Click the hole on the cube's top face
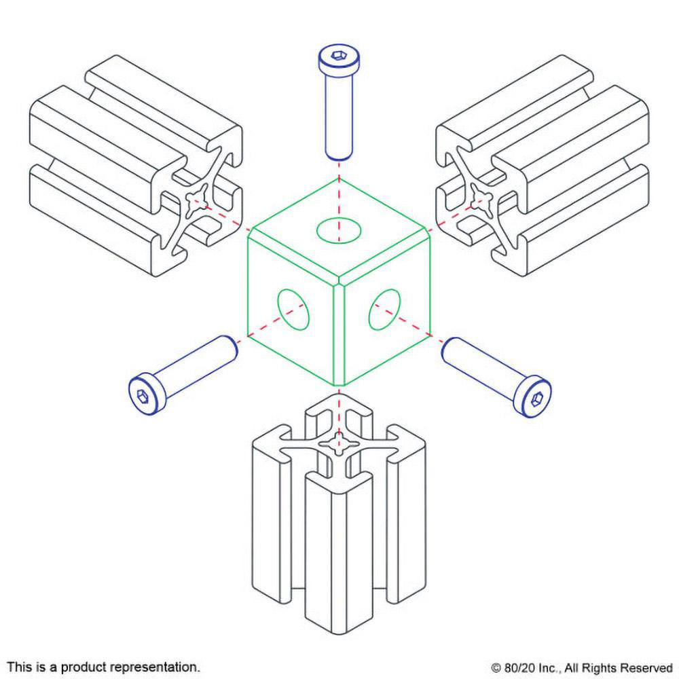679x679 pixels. point(339,230)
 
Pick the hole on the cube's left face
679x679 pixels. point(293,310)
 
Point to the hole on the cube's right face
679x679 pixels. point(385,310)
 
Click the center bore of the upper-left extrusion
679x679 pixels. point(198,200)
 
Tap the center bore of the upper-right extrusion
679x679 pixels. point(480,200)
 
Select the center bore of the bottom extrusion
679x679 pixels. point(337,445)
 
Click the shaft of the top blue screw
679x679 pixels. point(337,115)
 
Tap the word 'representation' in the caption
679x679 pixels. point(154,666)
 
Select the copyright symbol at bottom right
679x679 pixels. point(495,667)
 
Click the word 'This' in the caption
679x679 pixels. point(18,666)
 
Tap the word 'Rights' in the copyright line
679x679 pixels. point(604,667)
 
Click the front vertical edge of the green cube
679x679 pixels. point(338,333)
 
